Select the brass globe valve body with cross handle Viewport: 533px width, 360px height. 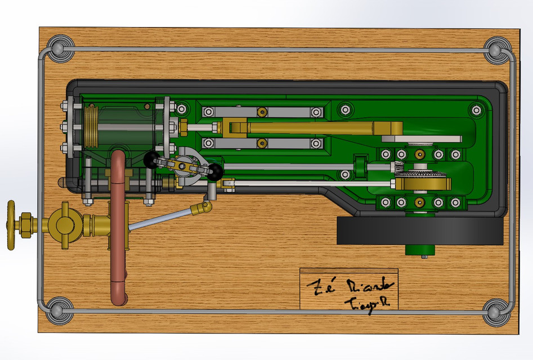coord(64,224)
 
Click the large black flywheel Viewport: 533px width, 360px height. coord(419,231)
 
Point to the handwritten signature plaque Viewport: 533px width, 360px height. coord(348,289)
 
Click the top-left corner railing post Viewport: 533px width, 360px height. coord(60,48)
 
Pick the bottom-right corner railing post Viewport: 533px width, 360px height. coord(496,311)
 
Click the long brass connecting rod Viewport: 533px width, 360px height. coord(324,128)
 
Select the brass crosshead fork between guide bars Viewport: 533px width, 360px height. coord(234,128)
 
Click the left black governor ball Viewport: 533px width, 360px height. coord(151,160)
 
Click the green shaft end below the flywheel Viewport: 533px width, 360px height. coord(419,250)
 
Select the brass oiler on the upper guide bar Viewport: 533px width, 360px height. coord(261,112)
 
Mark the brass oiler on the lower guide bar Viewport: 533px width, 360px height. coord(261,144)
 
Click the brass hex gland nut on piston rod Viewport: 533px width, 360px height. coord(183,127)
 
